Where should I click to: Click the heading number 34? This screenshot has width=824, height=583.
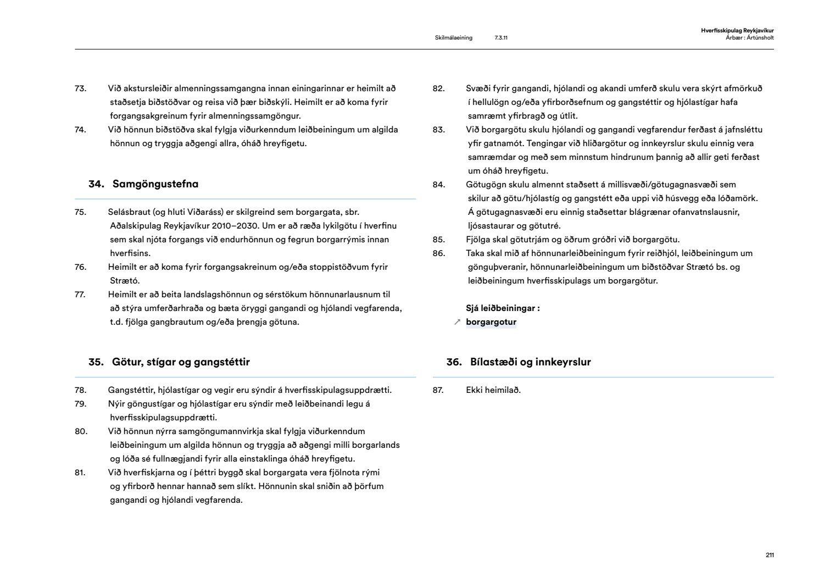pyautogui.click(x=96, y=184)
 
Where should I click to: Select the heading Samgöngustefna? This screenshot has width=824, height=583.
pyautogui.click(x=155, y=184)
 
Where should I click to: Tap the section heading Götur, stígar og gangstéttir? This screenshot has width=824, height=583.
pyautogui.click(x=181, y=362)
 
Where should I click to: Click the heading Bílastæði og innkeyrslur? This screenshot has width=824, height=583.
pyautogui.click(x=530, y=362)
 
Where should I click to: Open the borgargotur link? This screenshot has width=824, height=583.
pyautogui.click(x=491, y=322)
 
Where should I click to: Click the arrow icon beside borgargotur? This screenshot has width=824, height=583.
pyautogui.click(x=457, y=323)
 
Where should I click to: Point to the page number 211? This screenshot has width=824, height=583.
pyautogui.click(x=770, y=555)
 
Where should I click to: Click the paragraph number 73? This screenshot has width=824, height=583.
pyautogui.click(x=81, y=88)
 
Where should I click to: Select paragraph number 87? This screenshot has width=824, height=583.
pyautogui.click(x=438, y=390)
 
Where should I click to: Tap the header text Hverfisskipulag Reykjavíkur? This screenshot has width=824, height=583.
pyautogui.click(x=737, y=31)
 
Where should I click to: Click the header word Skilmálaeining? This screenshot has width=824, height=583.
pyautogui.click(x=453, y=38)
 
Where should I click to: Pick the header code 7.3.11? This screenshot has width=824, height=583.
pyautogui.click(x=501, y=38)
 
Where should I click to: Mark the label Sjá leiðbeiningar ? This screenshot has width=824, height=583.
pyautogui.click(x=503, y=308)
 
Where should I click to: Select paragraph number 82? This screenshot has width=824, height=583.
pyautogui.click(x=438, y=88)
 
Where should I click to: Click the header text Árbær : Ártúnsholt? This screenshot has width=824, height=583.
pyautogui.click(x=749, y=38)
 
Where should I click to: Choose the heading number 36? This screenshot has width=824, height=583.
pyautogui.click(x=454, y=362)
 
